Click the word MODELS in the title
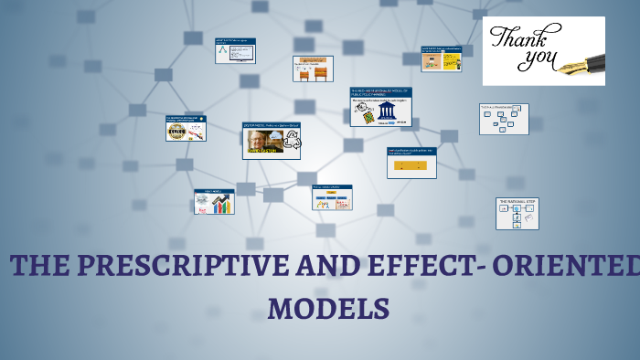[x=328, y=307]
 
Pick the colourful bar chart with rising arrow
[x=221, y=205]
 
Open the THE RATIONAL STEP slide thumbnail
[x=517, y=213]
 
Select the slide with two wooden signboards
[x=313, y=69]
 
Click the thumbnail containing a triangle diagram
[x=235, y=50]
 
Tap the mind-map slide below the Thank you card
[x=504, y=119]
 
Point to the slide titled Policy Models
[x=214, y=201]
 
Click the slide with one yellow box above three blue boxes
[x=331, y=197]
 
